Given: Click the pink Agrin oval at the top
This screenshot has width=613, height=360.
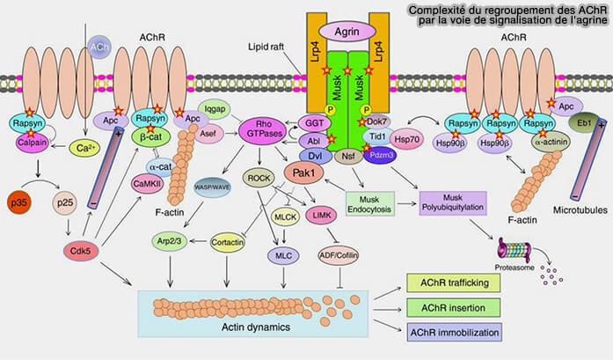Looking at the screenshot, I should pyautogui.click(x=349, y=32).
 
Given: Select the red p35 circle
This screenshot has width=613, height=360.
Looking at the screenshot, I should pyautogui.click(x=22, y=202).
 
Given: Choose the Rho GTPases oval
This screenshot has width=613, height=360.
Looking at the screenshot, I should pyautogui.click(x=263, y=131).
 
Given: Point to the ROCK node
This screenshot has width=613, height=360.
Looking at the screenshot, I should pyautogui.click(x=259, y=176).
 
